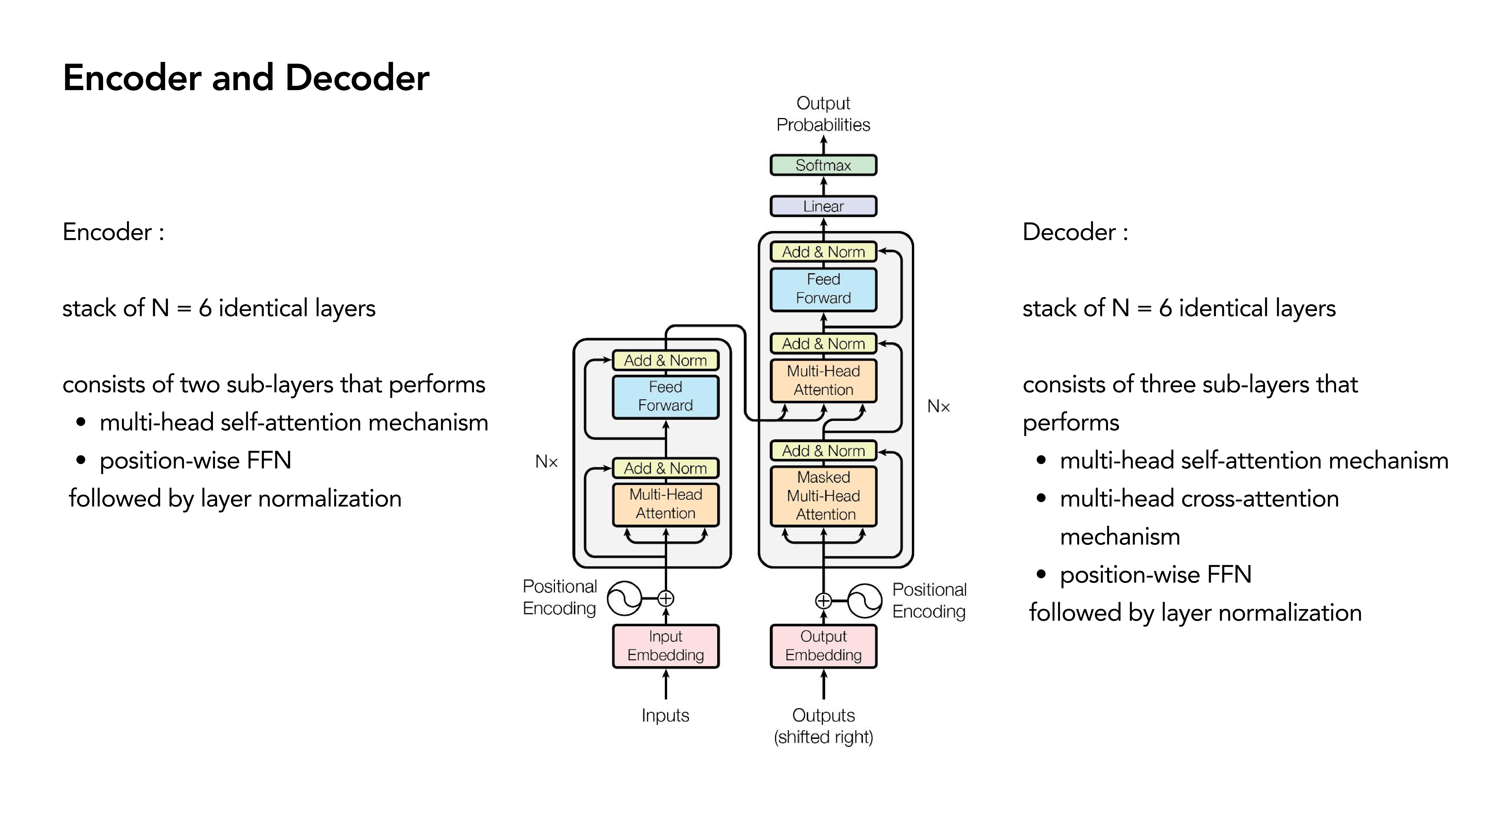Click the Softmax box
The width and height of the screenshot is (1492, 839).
pos(823,165)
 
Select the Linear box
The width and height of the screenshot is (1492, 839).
pos(823,206)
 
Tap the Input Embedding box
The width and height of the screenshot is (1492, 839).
pos(665,645)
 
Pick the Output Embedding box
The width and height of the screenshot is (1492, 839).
pos(823,645)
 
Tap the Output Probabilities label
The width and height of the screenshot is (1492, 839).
pos(823,114)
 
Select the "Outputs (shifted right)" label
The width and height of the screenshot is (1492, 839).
pos(823,726)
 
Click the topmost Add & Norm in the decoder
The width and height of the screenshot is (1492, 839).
pos(823,252)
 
